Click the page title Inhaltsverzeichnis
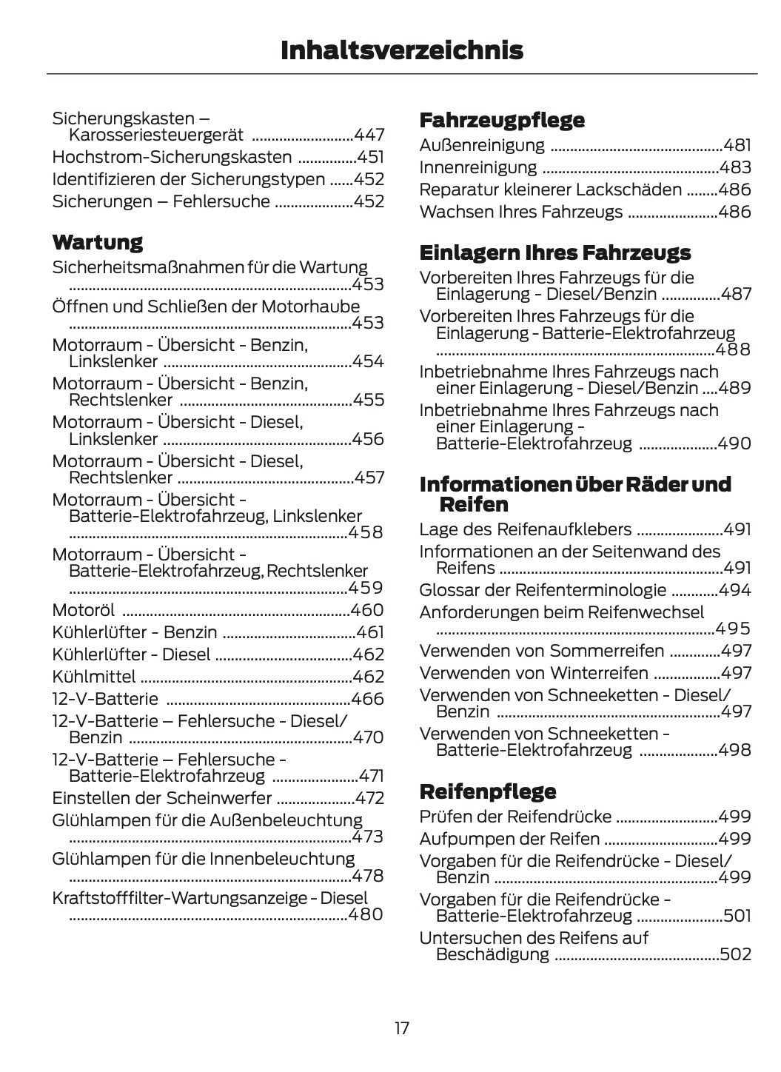click(401, 50)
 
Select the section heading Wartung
click(97, 242)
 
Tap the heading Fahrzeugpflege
click(501, 120)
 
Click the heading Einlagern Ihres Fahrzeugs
click(554, 252)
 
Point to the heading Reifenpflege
click(487, 791)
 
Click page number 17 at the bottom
click(401, 1028)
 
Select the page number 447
click(369, 135)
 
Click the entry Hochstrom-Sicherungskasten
click(172, 157)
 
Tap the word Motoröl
click(83, 610)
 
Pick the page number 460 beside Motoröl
click(367, 610)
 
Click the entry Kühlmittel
click(94, 677)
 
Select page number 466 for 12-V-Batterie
click(367, 699)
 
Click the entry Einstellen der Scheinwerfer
click(161, 798)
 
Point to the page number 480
click(366, 914)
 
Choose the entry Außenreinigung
click(481, 145)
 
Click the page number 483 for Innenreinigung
click(735, 167)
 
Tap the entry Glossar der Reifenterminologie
click(543, 590)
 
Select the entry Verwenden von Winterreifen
click(533, 673)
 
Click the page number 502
click(735, 954)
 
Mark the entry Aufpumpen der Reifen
click(509, 839)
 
